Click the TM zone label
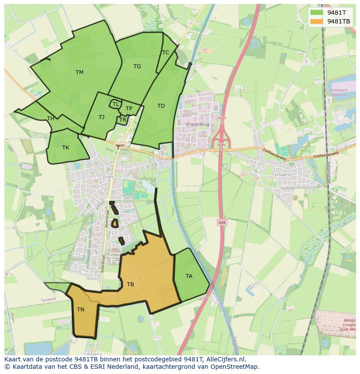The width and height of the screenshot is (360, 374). pyautogui.click(x=79, y=73)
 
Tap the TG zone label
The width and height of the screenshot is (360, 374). pyautogui.click(x=137, y=66)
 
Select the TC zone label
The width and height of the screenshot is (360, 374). pyautogui.click(x=166, y=53)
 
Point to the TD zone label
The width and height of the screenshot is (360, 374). pyautogui.click(x=161, y=106)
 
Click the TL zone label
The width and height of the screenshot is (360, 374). pyautogui.click(x=116, y=104)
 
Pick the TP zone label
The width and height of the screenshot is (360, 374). pyautogui.click(x=129, y=109)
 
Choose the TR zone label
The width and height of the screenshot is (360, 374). pyautogui.click(x=123, y=120)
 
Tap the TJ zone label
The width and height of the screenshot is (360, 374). pyautogui.click(x=101, y=117)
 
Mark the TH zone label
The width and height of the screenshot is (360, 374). pyautogui.click(x=50, y=119)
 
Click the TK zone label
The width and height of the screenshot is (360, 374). pyautogui.click(x=65, y=148)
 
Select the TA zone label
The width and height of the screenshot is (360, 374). pyautogui.click(x=189, y=276)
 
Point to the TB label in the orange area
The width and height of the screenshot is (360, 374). pyautogui.click(x=130, y=285)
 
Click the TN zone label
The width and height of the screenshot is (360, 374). pyautogui.click(x=80, y=310)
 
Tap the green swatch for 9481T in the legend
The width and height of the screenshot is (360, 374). pyautogui.click(x=317, y=13)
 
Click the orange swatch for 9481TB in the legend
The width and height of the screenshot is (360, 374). pyautogui.click(x=317, y=21)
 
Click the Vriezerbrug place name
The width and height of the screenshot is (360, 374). pyautogui.click(x=197, y=124)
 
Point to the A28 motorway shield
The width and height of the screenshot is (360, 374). pyautogui.click(x=221, y=222)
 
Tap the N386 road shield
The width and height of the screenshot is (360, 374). pyautogui.click(x=120, y=146)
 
